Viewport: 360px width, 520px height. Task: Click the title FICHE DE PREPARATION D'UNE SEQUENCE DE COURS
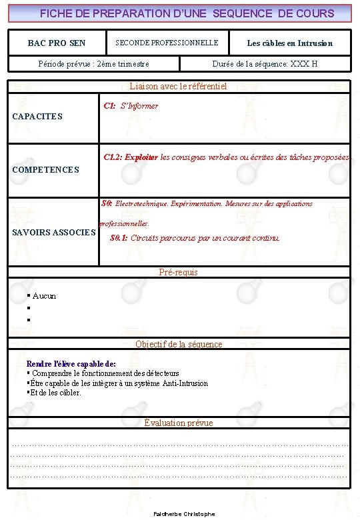click(187, 13)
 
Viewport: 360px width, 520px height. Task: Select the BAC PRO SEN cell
click(57, 43)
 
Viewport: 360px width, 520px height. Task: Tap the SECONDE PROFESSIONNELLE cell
click(167, 43)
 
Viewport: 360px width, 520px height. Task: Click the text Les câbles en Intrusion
click(289, 43)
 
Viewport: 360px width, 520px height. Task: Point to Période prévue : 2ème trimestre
click(94, 64)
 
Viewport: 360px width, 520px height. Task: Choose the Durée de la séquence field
click(265, 64)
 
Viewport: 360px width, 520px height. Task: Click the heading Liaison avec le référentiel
click(178, 86)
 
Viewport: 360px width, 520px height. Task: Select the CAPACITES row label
click(37, 117)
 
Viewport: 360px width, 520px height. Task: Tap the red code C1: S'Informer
click(131, 106)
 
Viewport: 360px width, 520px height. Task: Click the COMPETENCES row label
click(45, 170)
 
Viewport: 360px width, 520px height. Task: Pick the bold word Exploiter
click(141, 158)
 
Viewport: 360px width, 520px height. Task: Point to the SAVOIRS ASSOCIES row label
click(54, 233)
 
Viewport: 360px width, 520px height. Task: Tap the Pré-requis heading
click(178, 272)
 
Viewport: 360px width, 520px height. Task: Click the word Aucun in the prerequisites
click(44, 296)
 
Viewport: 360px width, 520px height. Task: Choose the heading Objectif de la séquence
click(179, 344)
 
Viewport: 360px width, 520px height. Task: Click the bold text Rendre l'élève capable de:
click(71, 364)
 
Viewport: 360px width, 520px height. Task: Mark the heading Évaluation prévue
click(179, 423)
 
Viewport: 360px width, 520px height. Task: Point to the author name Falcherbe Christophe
click(184, 514)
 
